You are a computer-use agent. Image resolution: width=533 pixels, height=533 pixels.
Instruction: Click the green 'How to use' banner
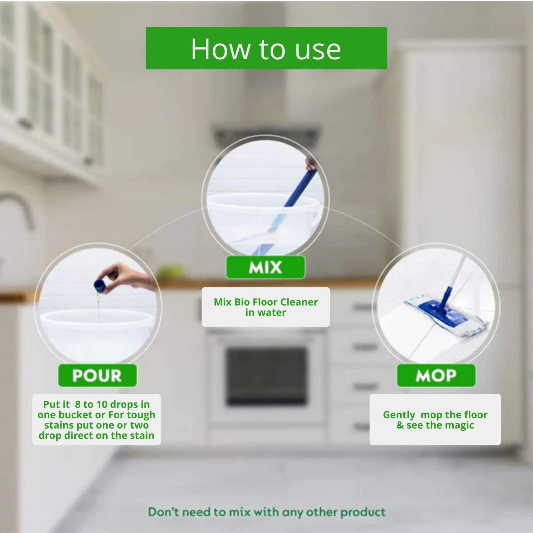266,48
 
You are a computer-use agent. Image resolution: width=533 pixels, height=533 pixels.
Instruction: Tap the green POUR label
97,375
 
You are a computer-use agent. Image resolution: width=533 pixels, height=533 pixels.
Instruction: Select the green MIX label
265,267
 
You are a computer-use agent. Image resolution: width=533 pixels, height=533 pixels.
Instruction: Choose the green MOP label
436,375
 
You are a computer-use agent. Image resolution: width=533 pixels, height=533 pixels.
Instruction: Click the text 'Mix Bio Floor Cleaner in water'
266,307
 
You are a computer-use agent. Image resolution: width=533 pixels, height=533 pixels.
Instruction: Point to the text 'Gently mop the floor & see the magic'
435,420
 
